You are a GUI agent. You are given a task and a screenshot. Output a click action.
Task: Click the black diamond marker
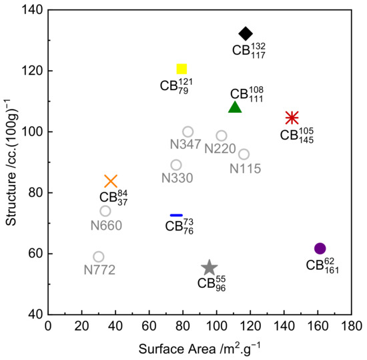coord(246,33)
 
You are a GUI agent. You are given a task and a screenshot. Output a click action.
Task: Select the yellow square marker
coord(181,69)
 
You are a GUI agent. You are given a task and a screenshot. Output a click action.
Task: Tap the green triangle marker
coord(235,107)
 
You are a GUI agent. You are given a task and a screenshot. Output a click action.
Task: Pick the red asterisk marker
coord(292,118)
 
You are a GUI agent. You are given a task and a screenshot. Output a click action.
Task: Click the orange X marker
coord(111,181)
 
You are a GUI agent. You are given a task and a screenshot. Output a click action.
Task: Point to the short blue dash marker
coord(176,215)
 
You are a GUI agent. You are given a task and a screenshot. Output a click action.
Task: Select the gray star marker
coord(210,268)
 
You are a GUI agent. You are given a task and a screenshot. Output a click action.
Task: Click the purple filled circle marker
coord(320,248)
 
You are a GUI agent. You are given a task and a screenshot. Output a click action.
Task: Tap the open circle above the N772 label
coord(99,256)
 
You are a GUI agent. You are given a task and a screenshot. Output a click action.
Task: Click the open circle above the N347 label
coord(188,132)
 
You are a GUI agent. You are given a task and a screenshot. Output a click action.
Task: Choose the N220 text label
coord(219,148)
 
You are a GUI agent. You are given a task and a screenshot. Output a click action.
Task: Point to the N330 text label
coord(177,178)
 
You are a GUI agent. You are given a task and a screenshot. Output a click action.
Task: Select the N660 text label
coord(105,225)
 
